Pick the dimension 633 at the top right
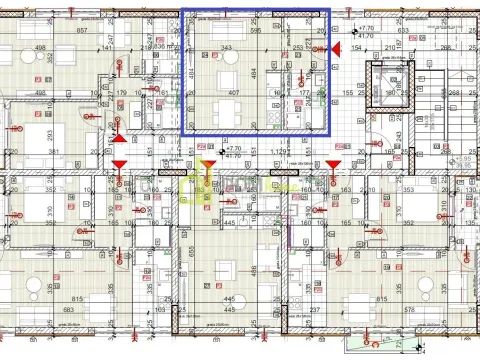(x=402, y=30)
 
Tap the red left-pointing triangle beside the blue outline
(x=337, y=48)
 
